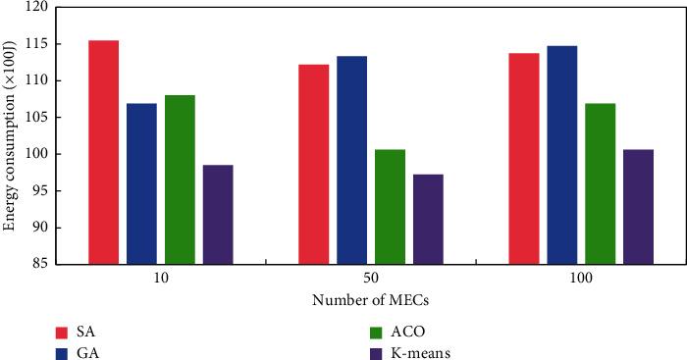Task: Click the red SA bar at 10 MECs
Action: pyautogui.click(x=103, y=152)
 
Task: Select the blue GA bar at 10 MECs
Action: pyautogui.click(x=141, y=183)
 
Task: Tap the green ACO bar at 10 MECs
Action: pyautogui.click(x=180, y=180)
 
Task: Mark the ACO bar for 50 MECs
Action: pyautogui.click(x=390, y=206)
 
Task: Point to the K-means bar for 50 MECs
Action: pyautogui.click(x=428, y=219)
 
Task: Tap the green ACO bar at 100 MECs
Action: pyautogui.click(x=601, y=183)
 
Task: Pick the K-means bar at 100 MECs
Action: pyautogui.click(x=638, y=206)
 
